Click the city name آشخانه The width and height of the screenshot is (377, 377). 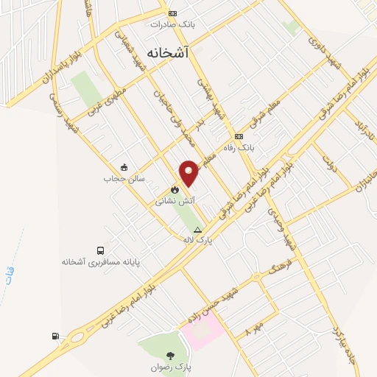[x=168, y=53]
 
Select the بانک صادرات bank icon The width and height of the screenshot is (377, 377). [x=172, y=13]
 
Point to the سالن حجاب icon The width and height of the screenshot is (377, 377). [x=124, y=167]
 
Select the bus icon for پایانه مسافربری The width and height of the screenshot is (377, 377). [x=100, y=250]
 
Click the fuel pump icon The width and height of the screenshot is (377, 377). [x=56, y=337]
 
